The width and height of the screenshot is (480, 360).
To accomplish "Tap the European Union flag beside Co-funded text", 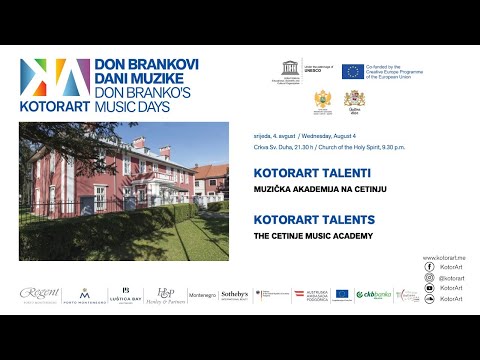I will coord(352,71).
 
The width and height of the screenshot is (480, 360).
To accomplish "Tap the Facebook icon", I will coord(429,268).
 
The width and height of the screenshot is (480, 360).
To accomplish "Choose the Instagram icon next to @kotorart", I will coord(429,278).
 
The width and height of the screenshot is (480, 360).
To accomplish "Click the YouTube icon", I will coord(429,288).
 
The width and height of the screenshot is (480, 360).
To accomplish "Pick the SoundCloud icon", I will coord(429,298).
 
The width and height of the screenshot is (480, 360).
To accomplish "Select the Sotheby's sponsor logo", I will coord(234,294).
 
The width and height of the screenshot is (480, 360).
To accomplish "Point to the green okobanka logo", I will coord(375,294).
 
